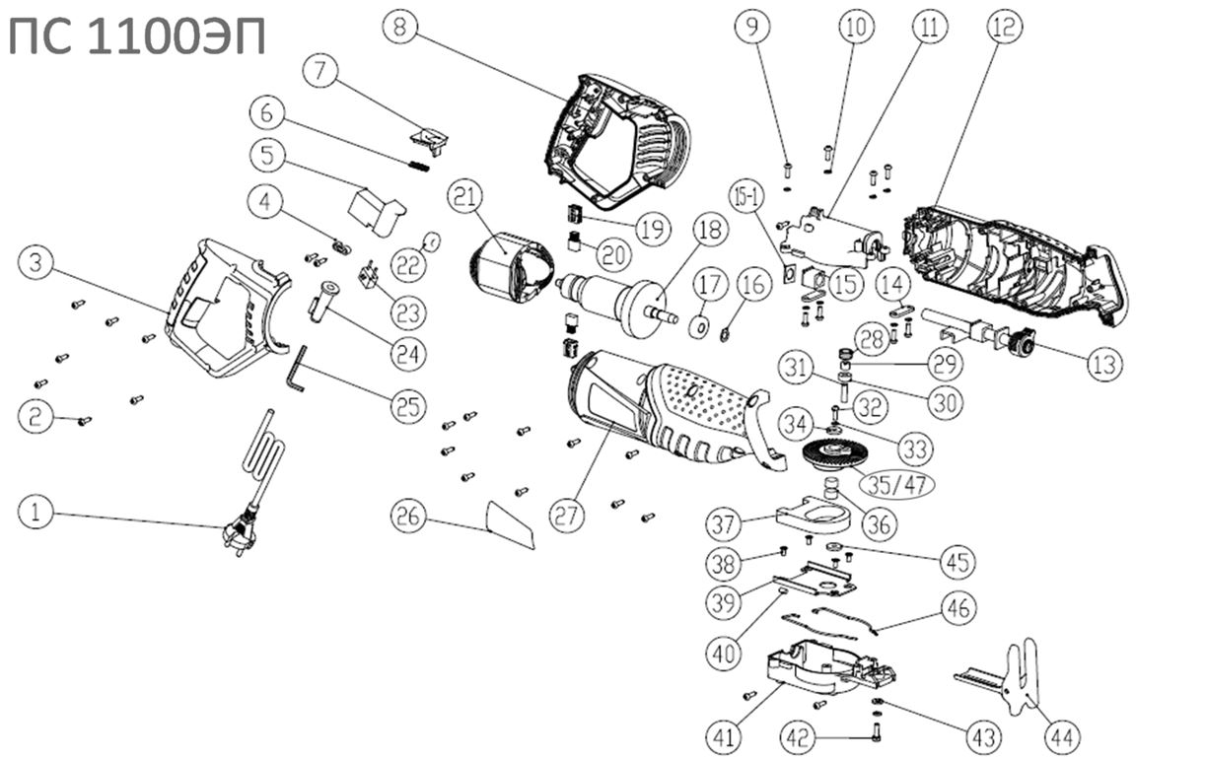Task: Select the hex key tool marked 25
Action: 298,368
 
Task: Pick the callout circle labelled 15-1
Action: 746,196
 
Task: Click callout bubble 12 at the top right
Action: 1003,29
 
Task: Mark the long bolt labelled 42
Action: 875,732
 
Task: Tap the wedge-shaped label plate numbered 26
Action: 511,524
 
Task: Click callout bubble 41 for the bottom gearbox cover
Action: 725,734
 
